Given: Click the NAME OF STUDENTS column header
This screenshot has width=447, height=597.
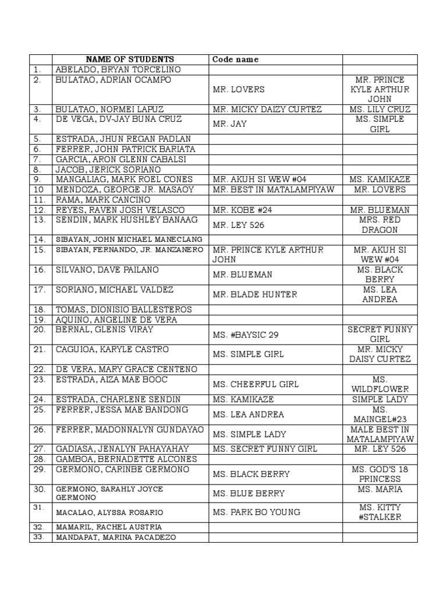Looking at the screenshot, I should coord(130,59).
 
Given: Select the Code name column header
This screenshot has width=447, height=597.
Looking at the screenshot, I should coord(236,59).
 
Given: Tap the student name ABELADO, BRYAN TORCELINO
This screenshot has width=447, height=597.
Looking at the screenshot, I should coord(118,69).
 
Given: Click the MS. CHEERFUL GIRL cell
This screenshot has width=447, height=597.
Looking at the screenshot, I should coord(248,384).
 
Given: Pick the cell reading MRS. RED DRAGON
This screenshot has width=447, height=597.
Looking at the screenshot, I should coord(380,224).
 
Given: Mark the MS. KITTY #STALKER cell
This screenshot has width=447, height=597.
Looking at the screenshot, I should coord(380,512).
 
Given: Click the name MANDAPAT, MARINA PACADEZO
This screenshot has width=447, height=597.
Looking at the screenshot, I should coord(116,538).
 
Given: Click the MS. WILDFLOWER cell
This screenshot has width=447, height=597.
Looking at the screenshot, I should coord(380,384).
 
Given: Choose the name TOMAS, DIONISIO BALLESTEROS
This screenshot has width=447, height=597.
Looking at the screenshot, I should coord(124,310).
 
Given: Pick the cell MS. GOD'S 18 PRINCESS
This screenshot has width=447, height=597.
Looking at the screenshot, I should coord(380,473).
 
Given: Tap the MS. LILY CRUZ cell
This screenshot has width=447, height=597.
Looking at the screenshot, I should coord(380,109).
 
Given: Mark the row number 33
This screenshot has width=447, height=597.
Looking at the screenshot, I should coord(39,537).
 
